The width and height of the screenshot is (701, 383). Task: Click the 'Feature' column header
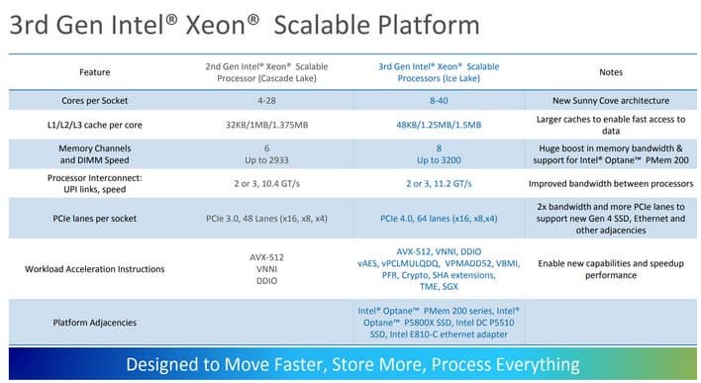click(94, 71)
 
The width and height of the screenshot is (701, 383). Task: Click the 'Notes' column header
click(611, 71)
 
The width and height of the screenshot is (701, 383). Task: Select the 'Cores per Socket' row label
click(94, 102)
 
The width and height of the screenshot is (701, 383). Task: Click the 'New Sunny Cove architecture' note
click(611, 102)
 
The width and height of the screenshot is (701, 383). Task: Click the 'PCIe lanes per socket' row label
click(94, 217)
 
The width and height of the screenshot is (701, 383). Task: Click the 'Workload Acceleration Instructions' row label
click(94, 268)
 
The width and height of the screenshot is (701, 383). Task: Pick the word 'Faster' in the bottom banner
click(335, 363)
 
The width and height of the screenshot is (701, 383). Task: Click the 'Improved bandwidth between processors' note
click(611, 183)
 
